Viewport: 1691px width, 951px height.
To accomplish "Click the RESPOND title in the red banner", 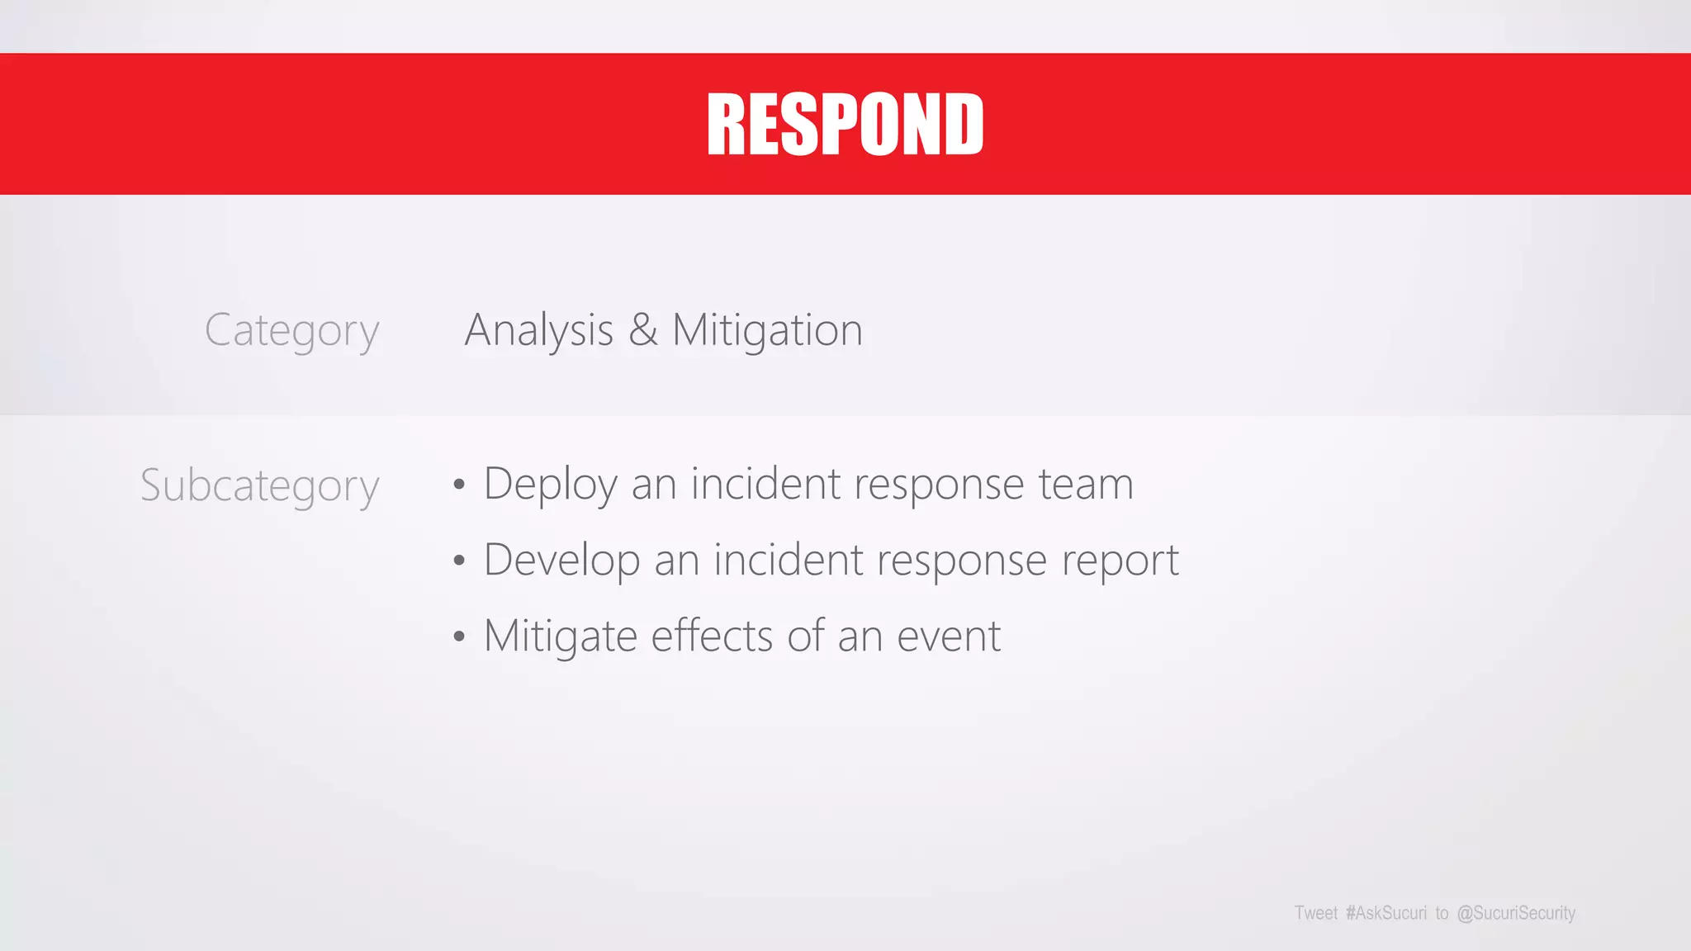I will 845,124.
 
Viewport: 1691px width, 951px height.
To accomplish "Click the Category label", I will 291,330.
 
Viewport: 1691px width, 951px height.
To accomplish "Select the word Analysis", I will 539,330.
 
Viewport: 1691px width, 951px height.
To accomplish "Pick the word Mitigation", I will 767,330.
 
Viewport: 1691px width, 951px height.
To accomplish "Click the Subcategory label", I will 259,485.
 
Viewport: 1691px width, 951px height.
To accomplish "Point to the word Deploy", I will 550,485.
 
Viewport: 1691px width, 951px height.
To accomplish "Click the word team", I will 1086,484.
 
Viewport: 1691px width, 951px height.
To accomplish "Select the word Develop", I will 561,561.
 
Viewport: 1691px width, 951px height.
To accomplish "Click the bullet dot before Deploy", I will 459,485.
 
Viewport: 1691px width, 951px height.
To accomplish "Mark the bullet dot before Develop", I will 459,561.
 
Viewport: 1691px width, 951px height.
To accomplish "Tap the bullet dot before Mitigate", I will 459,637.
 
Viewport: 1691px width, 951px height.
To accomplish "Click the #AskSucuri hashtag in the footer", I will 1385,913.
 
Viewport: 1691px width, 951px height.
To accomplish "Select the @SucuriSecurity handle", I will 1516,913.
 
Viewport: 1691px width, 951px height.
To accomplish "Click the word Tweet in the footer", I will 1315,913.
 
